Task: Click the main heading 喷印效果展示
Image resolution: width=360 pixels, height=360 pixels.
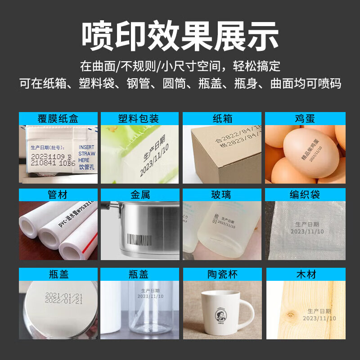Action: click(x=180, y=35)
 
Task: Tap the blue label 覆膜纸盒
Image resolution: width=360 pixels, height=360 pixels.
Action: click(x=58, y=119)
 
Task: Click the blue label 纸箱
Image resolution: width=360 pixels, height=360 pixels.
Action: click(x=222, y=119)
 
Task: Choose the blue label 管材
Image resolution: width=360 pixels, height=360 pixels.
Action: click(x=58, y=195)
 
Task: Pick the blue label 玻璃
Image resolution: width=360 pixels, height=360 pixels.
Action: click(x=222, y=195)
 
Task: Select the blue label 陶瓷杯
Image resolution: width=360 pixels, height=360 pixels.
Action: click(x=222, y=274)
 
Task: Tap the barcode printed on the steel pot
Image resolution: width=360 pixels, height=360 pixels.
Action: click(x=140, y=238)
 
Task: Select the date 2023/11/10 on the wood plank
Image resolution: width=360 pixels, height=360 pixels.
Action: click(x=319, y=318)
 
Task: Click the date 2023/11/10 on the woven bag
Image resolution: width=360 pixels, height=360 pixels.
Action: click(x=307, y=231)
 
